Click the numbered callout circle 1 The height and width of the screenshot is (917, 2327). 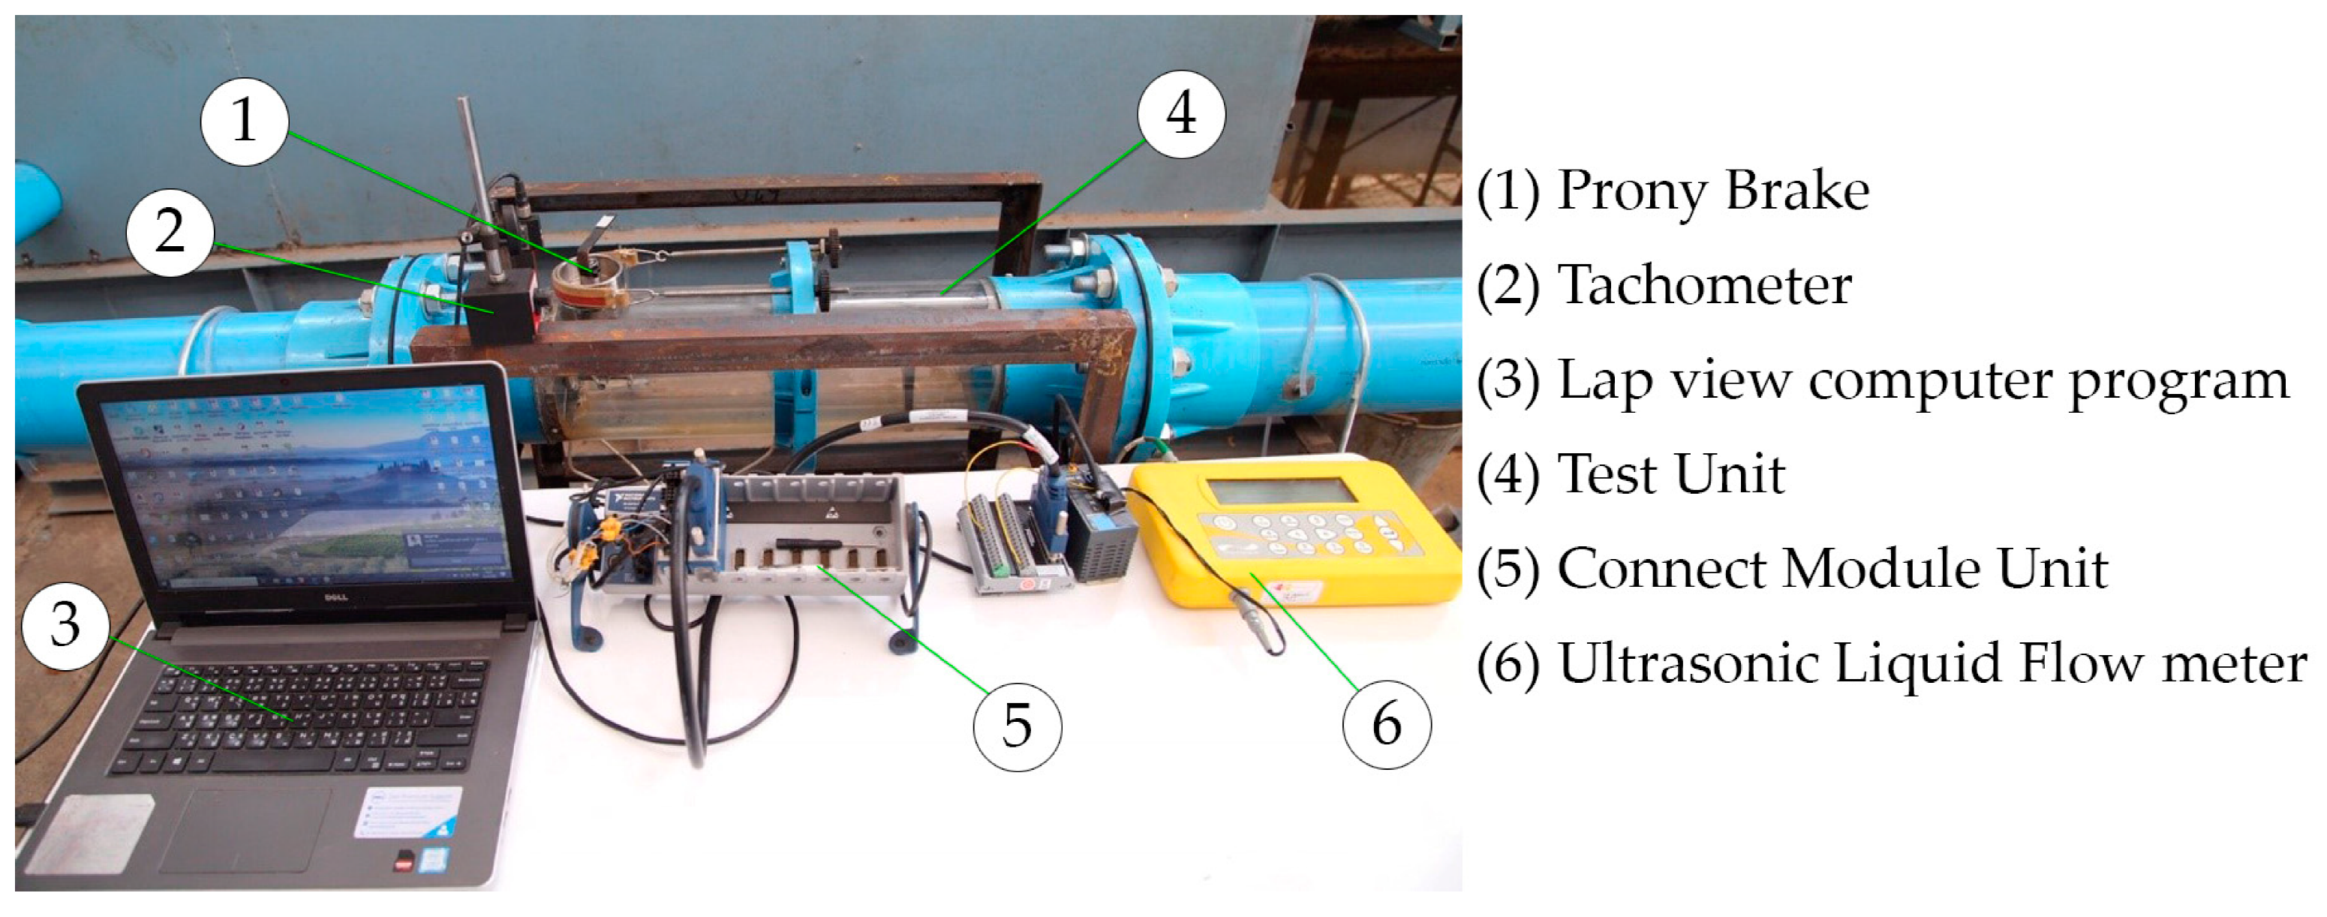pyautogui.click(x=244, y=121)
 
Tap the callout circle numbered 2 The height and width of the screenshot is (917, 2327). pyautogui.click(x=170, y=231)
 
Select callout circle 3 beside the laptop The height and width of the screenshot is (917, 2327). pyautogui.click(x=65, y=625)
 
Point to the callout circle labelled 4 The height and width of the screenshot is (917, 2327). pyautogui.click(x=1180, y=115)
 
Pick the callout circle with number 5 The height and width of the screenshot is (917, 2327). pyautogui.click(x=1017, y=726)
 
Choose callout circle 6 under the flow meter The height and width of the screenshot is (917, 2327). pyautogui.click(x=1387, y=725)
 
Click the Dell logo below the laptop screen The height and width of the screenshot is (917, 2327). pyautogui.click(x=336, y=597)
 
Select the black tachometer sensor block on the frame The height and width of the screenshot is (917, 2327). pyautogui.click(x=501, y=306)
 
